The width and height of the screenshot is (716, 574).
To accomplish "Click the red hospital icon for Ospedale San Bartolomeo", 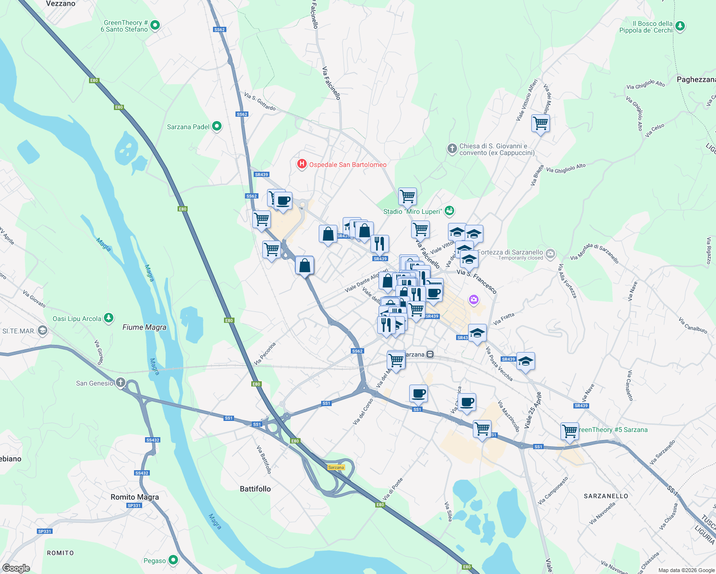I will point(302,165).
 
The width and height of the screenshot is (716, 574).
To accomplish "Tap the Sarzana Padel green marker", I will point(217,126).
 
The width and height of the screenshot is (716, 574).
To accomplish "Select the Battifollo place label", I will point(255,489).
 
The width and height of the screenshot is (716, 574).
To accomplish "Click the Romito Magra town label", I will point(134,497).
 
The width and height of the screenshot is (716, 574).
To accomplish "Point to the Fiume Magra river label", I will point(144,327).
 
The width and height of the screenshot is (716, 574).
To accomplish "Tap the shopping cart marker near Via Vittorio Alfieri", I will point(540,123).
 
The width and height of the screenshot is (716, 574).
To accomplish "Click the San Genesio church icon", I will point(121,383).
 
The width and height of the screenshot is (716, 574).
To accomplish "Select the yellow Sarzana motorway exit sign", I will point(336,467).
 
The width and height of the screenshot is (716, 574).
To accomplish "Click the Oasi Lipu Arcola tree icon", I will point(109,318).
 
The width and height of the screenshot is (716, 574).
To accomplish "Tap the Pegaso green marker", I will point(173,560).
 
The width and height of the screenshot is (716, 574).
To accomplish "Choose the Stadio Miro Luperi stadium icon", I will point(449,210).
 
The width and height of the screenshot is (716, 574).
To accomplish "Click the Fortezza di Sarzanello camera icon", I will point(550,254).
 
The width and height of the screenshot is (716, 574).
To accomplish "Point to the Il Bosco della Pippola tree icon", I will point(680,26).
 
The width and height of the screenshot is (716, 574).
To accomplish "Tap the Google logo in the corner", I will point(16,568).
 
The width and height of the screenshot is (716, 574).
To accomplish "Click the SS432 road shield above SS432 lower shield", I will point(153,440).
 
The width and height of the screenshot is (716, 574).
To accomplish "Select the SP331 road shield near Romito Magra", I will point(134,506).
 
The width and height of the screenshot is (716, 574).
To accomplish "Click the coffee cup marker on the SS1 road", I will point(418,394).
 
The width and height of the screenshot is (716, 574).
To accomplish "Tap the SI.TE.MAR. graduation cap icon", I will point(43,331).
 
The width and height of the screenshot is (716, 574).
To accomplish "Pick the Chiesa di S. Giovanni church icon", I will point(452,149).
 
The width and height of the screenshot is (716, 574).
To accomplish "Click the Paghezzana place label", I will point(696,79).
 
